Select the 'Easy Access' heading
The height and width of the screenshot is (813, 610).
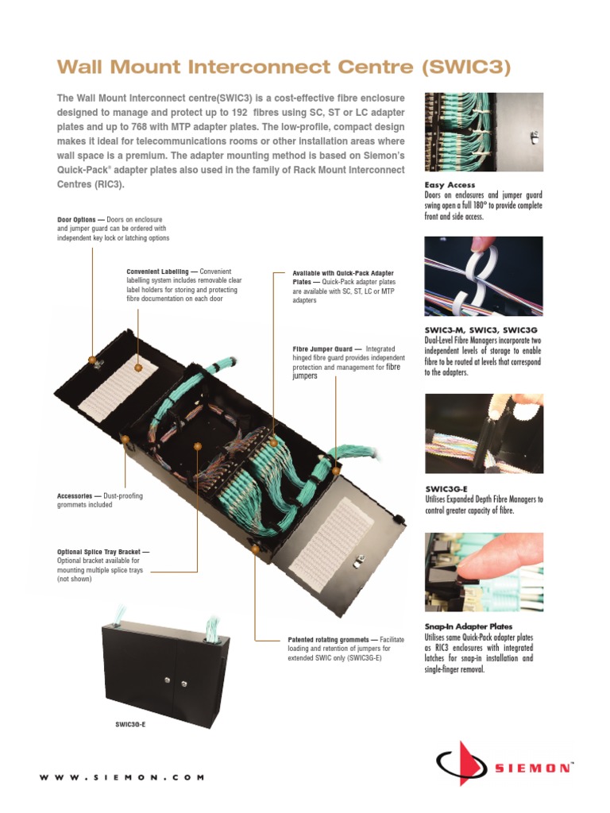(x=449, y=185)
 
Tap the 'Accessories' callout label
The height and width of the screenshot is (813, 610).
(x=75, y=496)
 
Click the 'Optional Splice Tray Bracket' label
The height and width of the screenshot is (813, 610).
(x=102, y=552)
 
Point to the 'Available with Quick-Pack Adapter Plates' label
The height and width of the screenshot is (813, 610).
(x=343, y=272)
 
